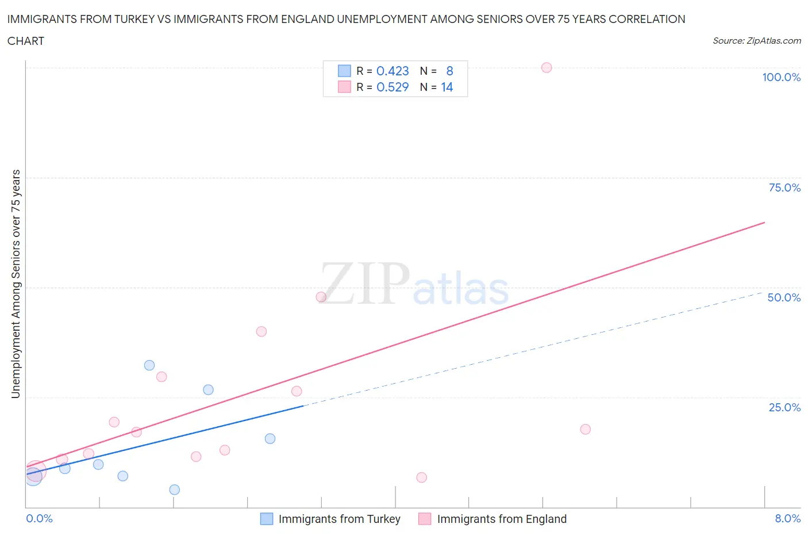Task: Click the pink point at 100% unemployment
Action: pyautogui.click(x=547, y=68)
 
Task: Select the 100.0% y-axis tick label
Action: pyautogui.click(x=781, y=77)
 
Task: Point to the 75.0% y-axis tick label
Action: pyautogui.click(x=784, y=188)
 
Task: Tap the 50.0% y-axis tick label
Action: pyautogui.click(x=784, y=297)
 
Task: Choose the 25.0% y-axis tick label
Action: pyautogui.click(x=784, y=407)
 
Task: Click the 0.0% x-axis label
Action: pyautogui.click(x=39, y=518)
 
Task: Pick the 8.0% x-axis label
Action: pyautogui.click(x=787, y=518)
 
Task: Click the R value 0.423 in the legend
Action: pyautogui.click(x=393, y=71)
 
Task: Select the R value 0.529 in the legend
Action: pyautogui.click(x=393, y=87)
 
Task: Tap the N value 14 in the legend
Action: pyautogui.click(x=447, y=87)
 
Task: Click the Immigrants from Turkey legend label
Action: pyautogui.click(x=339, y=519)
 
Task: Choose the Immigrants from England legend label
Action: pyautogui.click(x=502, y=519)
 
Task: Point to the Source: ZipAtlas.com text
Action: pyautogui.click(x=756, y=40)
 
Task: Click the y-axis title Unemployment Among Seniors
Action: pyautogui.click(x=16, y=284)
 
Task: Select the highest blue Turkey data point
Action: pyautogui.click(x=149, y=365)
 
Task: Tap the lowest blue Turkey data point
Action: pyautogui.click(x=175, y=490)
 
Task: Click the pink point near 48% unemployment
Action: pyautogui.click(x=321, y=297)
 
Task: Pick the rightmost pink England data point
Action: pyautogui.click(x=585, y=429)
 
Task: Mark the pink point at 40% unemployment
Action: pyautogui.click(x=261, y=331)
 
